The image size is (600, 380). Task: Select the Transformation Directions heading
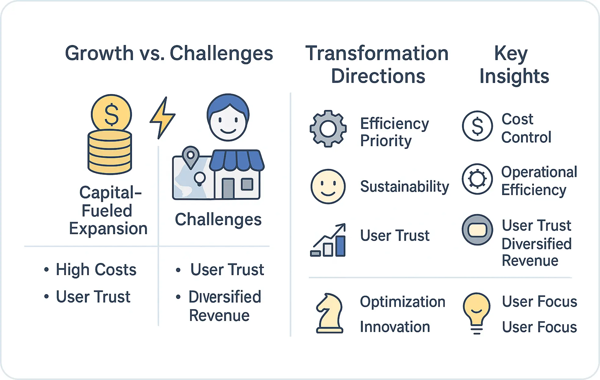click(377, 64)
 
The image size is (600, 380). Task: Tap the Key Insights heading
click(514, 64)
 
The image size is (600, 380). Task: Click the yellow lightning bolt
click(163, 118)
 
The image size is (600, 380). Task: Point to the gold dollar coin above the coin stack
click(112, 114)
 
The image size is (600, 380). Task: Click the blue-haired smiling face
click(228, 117)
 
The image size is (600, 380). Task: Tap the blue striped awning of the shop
click(237, 160)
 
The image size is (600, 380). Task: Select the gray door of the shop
click(228, 188)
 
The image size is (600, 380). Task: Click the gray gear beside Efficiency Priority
click(328, 129)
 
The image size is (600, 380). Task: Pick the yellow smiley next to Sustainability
click(328, 186)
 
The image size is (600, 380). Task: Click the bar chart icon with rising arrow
click(328, 240)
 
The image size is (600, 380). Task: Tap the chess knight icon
click(329, 313)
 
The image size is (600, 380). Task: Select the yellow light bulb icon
click(477, 313)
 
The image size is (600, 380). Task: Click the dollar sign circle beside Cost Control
click(477, 126)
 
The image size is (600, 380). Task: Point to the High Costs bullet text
click(96, 270)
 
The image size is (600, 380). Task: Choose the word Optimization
click(403, 302)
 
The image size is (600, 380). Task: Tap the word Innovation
click(395, 327)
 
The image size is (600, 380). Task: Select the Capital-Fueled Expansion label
click(108, 211)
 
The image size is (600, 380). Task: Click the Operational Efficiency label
click(539, 181)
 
